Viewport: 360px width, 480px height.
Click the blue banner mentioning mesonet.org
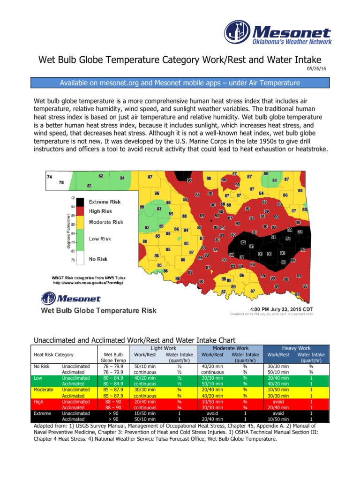click(x=180, y=83)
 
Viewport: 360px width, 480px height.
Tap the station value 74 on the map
click(x=49, y=176)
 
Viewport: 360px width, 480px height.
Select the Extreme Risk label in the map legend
click(x=105, y=202)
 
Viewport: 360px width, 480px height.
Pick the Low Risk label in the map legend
click(x=100, y=239)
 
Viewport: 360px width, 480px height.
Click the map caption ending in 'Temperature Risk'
click(x=99, y=311)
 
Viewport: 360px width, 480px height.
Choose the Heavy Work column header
click(x=296, y=348)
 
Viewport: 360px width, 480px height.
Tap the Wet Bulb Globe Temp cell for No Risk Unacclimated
click(x=112, y=366)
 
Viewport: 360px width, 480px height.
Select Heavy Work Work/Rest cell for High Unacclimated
click(x=278, y=402)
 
